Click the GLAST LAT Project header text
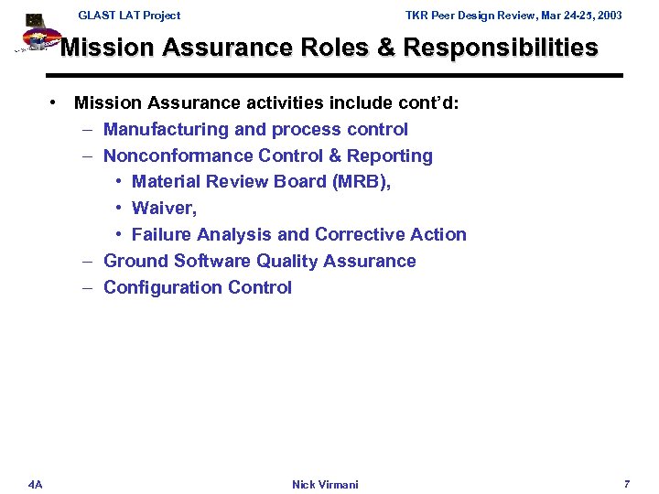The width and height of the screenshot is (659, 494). (x=129, y=16)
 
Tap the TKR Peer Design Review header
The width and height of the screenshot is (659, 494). (x=513, y=16)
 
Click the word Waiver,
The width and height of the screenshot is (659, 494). (x=165, y=209)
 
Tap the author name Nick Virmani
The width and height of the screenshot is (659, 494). (x=325, y=484)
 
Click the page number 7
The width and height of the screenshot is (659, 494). (x=627, y=483)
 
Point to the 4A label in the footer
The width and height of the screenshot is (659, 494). (x=35, y=483)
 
